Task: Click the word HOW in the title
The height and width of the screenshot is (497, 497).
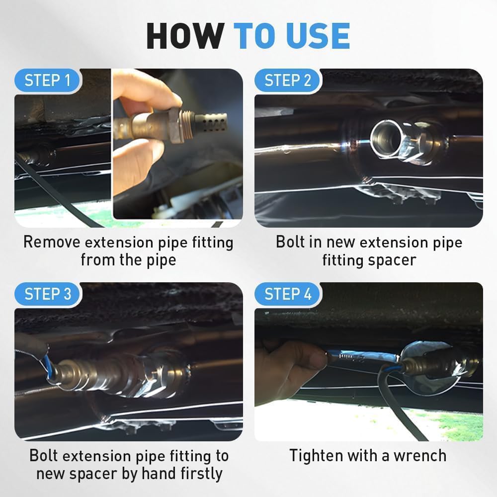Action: [184, 36]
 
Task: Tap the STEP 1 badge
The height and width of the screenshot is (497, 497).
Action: [48, 80]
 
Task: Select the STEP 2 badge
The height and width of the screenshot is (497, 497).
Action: [288, 80]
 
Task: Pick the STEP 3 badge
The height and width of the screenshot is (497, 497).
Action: [48, 294]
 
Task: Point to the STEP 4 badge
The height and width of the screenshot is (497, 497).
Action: [288, 294]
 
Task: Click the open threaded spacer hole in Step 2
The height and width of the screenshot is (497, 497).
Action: [387, 138]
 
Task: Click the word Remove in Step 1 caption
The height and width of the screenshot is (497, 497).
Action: [51, 243]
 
